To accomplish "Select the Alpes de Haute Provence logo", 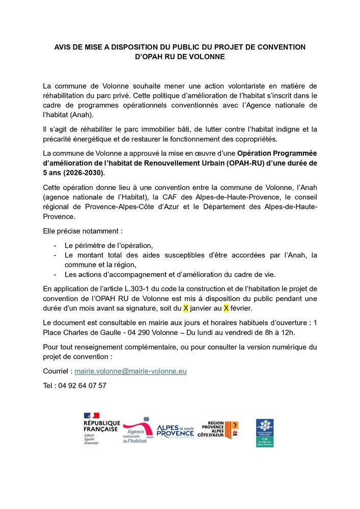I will [x=175, y=431].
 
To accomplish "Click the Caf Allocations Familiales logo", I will [x=265, y=433].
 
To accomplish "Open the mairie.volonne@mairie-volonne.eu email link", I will [x=131, y=372].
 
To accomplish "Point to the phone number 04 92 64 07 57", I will [x=84, y=385].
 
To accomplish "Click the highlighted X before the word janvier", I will [x=186, y=308].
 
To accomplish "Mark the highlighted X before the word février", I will [x=226, y=308].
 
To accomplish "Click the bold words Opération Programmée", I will [x=277, y=154].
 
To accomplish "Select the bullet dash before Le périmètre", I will [x=54, y=245].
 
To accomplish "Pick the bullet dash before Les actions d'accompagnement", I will [x=54, y=275].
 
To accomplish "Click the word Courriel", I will [x=57, y=372].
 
